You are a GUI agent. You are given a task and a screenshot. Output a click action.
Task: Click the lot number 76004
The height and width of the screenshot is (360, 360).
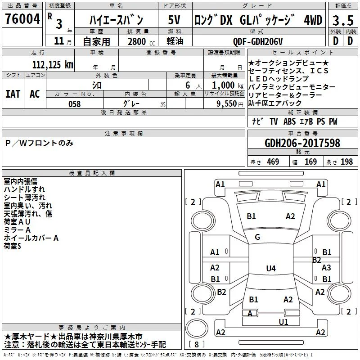click(x=22, y=19)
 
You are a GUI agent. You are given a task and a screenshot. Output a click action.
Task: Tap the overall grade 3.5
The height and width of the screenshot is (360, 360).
click(x=343, y=20)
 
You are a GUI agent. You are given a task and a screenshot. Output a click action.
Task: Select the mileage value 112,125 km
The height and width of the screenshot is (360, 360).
click(x=53, y=65)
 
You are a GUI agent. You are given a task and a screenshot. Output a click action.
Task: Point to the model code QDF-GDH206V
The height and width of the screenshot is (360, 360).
click(x=258, y=41)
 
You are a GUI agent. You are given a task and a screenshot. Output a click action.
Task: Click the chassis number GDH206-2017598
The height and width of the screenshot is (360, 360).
click(x=302, y=143)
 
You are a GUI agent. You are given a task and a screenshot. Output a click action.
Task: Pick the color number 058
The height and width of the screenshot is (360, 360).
click(x=75, y=104)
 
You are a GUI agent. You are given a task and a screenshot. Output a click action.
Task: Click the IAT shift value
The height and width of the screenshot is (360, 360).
click(x=13, y=94)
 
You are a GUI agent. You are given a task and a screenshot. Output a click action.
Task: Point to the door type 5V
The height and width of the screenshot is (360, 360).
click(x=174, y=20)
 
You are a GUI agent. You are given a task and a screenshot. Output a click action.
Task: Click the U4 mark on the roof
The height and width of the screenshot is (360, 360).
click(x=271, y=268)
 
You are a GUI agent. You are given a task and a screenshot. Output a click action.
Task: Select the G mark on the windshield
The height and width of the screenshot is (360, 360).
click(x=257, y=237)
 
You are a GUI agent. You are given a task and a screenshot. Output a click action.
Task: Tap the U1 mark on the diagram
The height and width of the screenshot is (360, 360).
click(x=283, y=322)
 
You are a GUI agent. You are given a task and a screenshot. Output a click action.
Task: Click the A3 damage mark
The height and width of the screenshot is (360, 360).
click(x=326, y=267)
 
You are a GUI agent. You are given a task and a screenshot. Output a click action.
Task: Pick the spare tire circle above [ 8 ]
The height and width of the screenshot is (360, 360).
click(x=197, y=328)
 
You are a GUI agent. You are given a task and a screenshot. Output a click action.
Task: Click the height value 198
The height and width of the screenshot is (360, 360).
click(x=346, y=162)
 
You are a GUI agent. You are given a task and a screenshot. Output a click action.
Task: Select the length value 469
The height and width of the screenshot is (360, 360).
click(x=273, y=162)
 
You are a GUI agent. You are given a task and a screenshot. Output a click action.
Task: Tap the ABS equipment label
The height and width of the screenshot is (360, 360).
click(x=289, y=121)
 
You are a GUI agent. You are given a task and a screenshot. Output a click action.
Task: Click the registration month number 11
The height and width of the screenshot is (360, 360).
click(x=59, y=41)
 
